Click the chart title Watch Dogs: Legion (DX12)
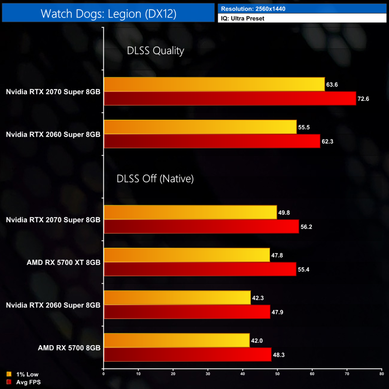point(108,14)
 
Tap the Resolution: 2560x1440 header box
point(302,8)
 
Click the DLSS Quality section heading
point(155,51)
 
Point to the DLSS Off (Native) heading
point(155,179)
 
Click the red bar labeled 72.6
point(229,98)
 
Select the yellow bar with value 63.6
point(214,84)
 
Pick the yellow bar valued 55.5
point(200,127)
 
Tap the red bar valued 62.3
point(212,141)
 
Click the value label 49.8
point(284,212)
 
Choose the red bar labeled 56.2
point(201,226)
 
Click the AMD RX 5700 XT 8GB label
point(63,262)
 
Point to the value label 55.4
point(303,269)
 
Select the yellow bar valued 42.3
point(177,298)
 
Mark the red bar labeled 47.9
point(187,312)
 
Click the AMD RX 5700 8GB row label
point(69,348)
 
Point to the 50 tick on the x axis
point(277,374)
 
